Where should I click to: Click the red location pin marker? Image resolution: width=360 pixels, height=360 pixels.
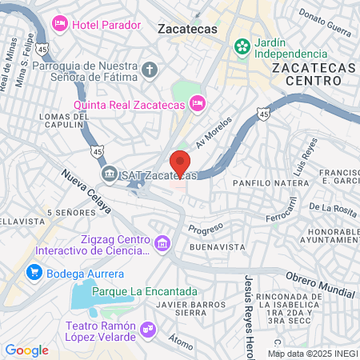(x=180, y=164)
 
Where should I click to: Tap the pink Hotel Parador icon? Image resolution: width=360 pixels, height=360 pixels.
(x=59, y=24)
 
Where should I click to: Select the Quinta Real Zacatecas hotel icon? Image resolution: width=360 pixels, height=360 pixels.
(x=198, y=102)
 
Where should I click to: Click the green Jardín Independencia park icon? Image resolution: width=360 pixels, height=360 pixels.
(x=241, y=47)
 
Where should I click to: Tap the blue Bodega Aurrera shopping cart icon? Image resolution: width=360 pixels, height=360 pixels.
(x=34, y=272)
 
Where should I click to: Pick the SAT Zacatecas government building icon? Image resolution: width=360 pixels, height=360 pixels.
(x=108, y=174)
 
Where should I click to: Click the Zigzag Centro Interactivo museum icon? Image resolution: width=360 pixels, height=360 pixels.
(x=162, y=242)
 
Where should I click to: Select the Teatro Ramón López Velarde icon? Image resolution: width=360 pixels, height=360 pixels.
(x=148, y=328)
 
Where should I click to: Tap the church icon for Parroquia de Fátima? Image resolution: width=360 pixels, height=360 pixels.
(x=150, y=71)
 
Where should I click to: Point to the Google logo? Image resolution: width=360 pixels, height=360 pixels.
(x=26, y=350)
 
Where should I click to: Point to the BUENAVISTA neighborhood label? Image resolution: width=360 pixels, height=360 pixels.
(x=217, y=247)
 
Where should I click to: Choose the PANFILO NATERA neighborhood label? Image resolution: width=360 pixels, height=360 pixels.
(x=270, y=183)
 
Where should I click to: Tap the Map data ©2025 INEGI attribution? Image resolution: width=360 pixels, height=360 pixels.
(x=311, y=353)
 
